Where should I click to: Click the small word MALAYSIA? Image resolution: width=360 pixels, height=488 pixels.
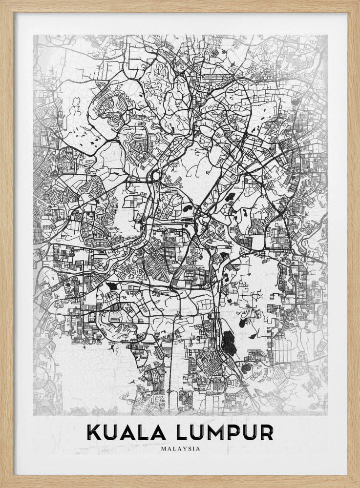tap(180, 445)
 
